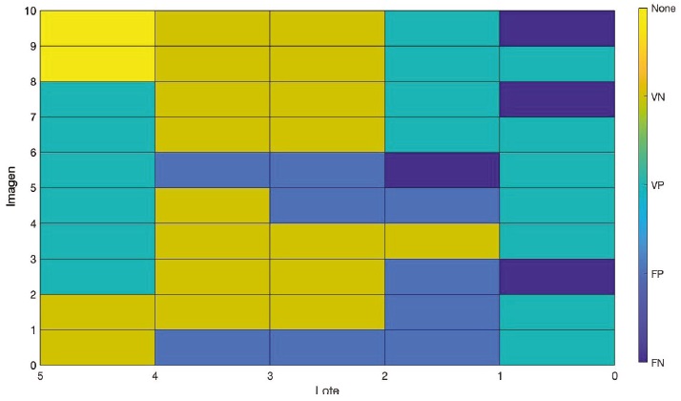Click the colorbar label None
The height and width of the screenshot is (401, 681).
[x=663, y=9]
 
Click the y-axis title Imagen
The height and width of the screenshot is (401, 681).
[x=10, y=188]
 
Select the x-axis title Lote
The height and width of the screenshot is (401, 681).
[x=327, y=392]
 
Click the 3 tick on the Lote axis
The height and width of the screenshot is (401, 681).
[x=270, y=378]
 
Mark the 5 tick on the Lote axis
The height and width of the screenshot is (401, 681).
[x=40, y=378]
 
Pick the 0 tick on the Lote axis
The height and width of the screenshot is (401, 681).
[x=614, y=378]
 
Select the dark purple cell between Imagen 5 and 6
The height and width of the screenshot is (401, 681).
[x=442, y=170]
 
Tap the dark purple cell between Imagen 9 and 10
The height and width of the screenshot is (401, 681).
[x=557, y=28]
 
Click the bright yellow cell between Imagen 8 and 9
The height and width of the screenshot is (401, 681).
[x=97, y=63]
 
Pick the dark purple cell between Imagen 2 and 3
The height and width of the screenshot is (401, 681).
[x=557, y=276]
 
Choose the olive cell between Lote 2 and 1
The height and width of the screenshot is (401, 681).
[x=442, y=241]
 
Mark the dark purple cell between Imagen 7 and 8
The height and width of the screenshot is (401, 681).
[x=557, y=98]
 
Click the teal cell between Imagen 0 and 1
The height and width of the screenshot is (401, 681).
[x=557, y=347]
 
